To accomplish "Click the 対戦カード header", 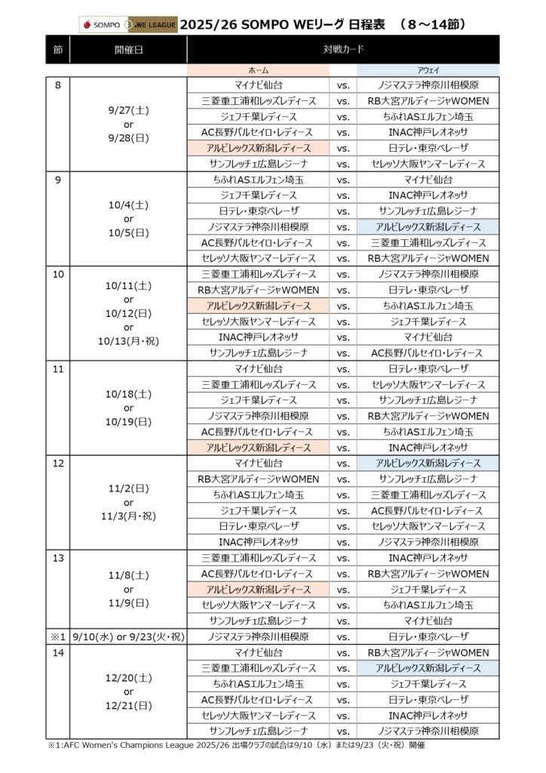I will click(x=342, y=49).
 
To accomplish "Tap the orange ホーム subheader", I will click(x=259, y=69).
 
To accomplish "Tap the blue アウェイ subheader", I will click(x=428, y=69).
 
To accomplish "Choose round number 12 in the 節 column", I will click(x=60, y=463).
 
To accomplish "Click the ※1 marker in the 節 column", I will click(x=58, y=636).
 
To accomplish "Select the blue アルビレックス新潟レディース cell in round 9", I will click(x=428, y=226).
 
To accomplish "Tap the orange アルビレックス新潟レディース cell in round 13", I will click(x=259, y=589).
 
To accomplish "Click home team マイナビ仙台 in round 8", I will click(x=259, y=85).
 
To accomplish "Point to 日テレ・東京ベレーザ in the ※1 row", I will click(x=428, y=636).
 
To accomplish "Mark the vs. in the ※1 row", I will click(x=343, y=636).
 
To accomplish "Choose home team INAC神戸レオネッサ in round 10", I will click(x=259, y=337).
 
